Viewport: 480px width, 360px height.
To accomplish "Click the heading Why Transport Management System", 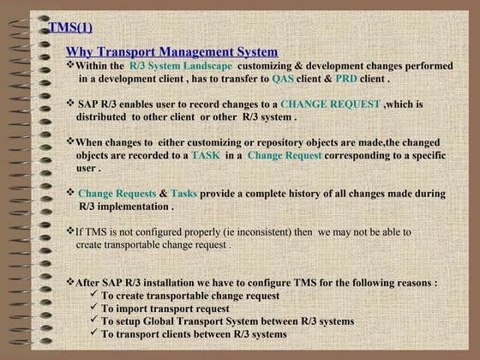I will click(171, 52).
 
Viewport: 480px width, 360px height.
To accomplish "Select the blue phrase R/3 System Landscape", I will click(181, 66).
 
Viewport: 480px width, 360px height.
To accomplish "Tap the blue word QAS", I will click(283, 78).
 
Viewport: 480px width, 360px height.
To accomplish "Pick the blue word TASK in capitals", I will click(206, 155).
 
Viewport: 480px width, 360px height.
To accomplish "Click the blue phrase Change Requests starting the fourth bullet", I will click(117, 194).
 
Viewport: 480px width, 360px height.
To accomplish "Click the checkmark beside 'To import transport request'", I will click(93, 308).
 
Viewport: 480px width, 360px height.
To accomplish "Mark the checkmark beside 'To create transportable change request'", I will click(93, 295).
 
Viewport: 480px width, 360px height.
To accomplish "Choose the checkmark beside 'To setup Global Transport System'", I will click(93, 321).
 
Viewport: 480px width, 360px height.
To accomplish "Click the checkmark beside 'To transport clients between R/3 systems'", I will click(93, 333).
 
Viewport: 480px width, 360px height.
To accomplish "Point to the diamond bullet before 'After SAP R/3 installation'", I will click(70, 281).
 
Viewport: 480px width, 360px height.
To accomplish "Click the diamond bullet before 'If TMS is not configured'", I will click(70, 231).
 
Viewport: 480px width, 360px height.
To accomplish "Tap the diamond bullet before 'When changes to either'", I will click(70, 141).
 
